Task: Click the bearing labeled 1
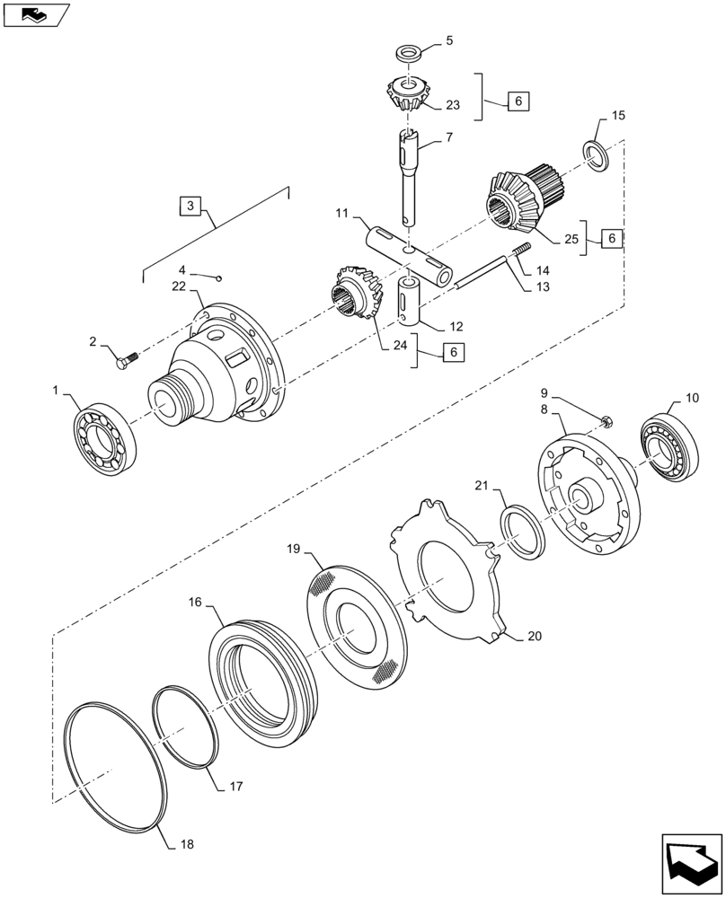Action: pos(103,436)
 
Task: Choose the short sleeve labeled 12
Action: pos(410,301)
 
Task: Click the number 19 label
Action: pos(293,547)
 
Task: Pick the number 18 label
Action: pos(186,844)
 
